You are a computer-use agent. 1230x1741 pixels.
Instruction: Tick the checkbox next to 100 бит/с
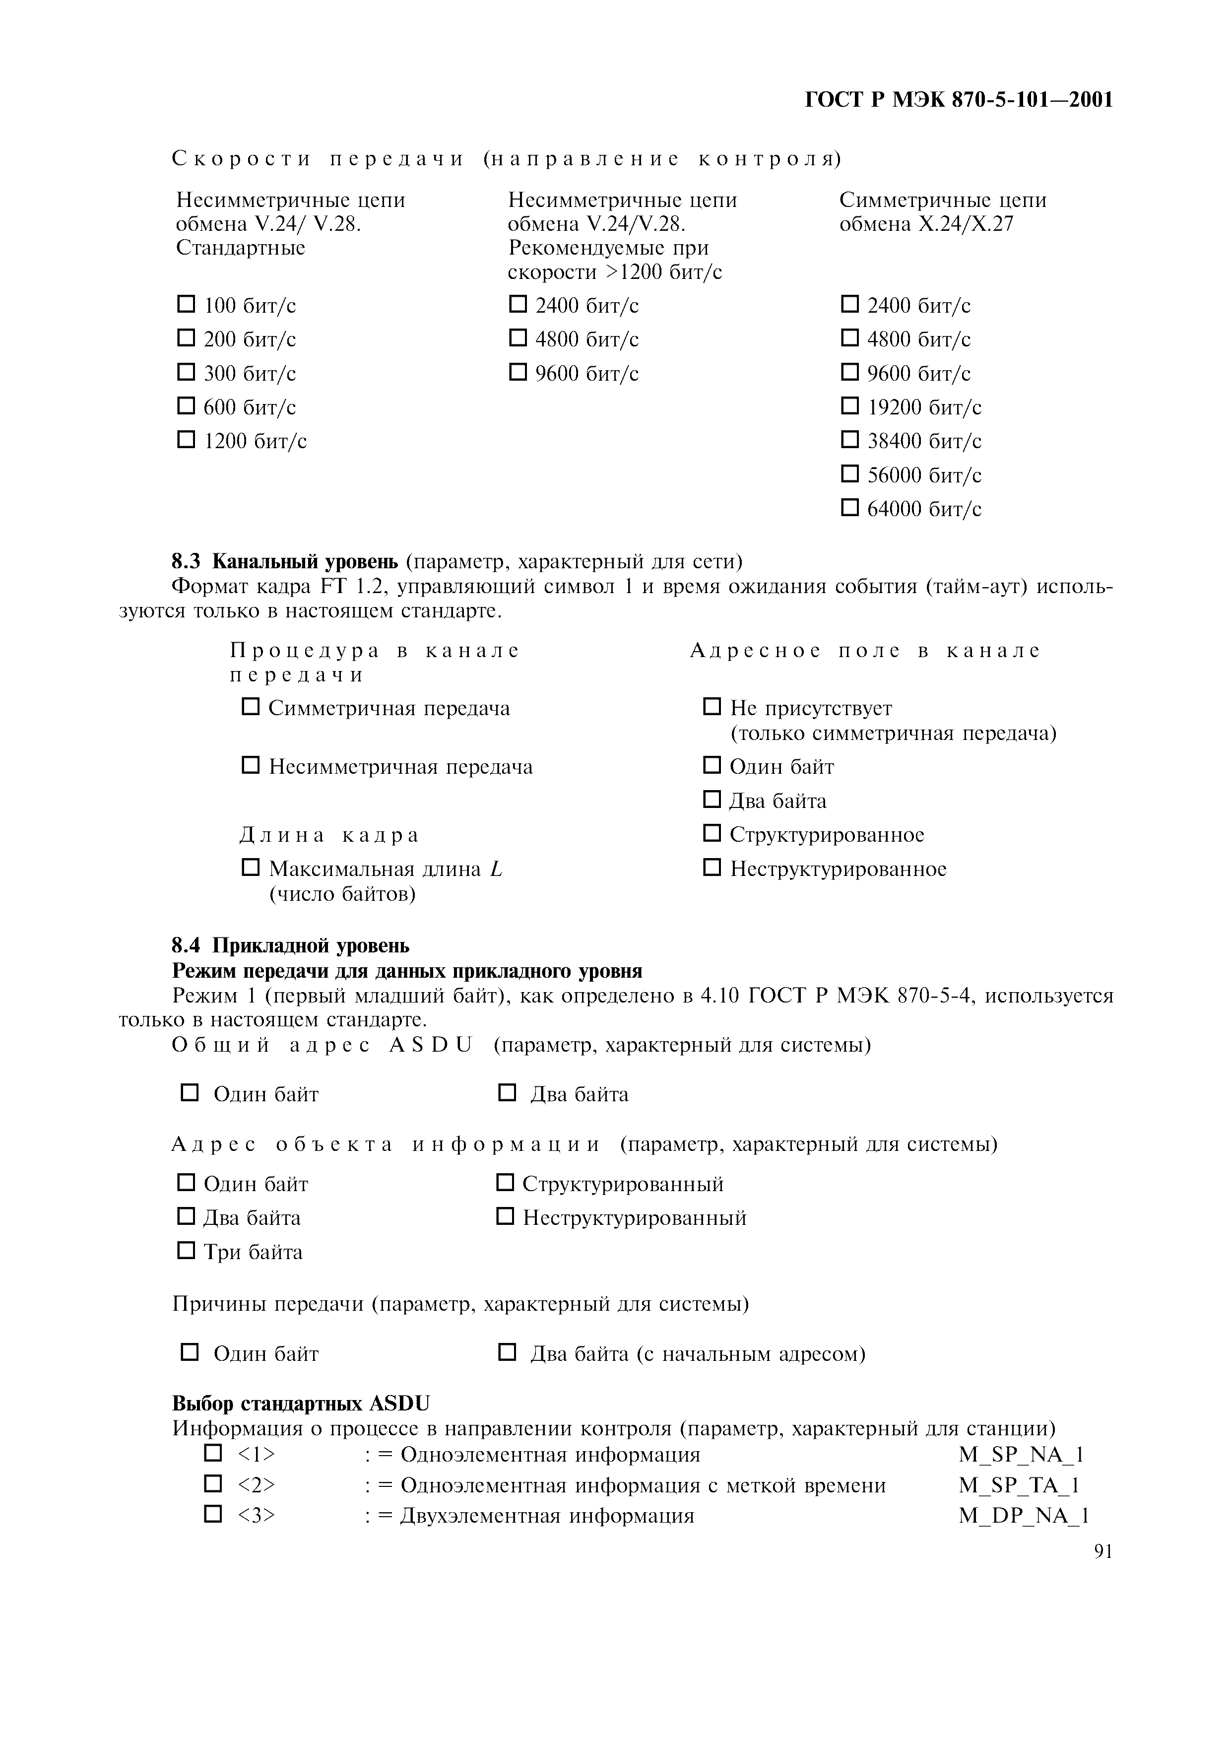186,304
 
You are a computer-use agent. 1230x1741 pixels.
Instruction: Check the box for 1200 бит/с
186,440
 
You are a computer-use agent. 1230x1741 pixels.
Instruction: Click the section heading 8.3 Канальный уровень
284,561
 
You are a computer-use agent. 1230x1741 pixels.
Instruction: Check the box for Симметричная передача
250,707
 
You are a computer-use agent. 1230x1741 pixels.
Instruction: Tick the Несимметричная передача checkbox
250,765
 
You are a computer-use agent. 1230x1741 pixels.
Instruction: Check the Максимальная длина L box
250,867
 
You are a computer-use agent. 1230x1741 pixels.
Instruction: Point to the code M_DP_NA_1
1023,1516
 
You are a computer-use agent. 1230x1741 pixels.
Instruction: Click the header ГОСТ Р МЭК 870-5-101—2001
958,99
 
